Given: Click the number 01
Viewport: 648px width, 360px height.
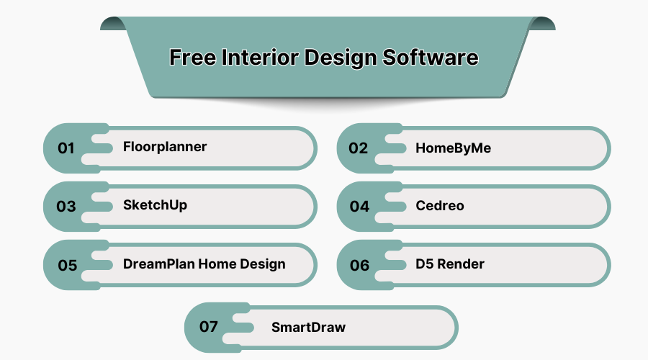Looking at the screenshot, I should (66, 148).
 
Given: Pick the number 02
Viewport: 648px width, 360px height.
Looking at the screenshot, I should (359, 148).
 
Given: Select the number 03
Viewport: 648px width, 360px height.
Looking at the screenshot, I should (66, 207).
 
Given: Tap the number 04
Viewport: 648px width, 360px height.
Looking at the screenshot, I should (359, 207).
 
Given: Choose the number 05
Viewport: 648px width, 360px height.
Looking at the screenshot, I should (67, 265).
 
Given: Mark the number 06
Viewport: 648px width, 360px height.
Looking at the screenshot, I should (359, 265).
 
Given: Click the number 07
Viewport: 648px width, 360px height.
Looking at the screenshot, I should (209, 327).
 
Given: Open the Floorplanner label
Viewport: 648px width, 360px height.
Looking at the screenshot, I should (165, 147).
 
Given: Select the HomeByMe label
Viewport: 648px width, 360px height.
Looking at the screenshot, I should (454, 148).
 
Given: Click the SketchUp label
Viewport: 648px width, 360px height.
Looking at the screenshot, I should (155, 205).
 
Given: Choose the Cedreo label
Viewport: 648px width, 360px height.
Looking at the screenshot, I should (440, 206).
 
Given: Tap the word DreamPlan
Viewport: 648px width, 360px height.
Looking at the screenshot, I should (158, 264).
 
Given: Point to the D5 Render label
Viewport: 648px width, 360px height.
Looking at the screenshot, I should (450, 264).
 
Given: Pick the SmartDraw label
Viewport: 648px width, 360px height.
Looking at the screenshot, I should (308, 327).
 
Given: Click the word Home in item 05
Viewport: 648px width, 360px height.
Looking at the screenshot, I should (217, 264).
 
